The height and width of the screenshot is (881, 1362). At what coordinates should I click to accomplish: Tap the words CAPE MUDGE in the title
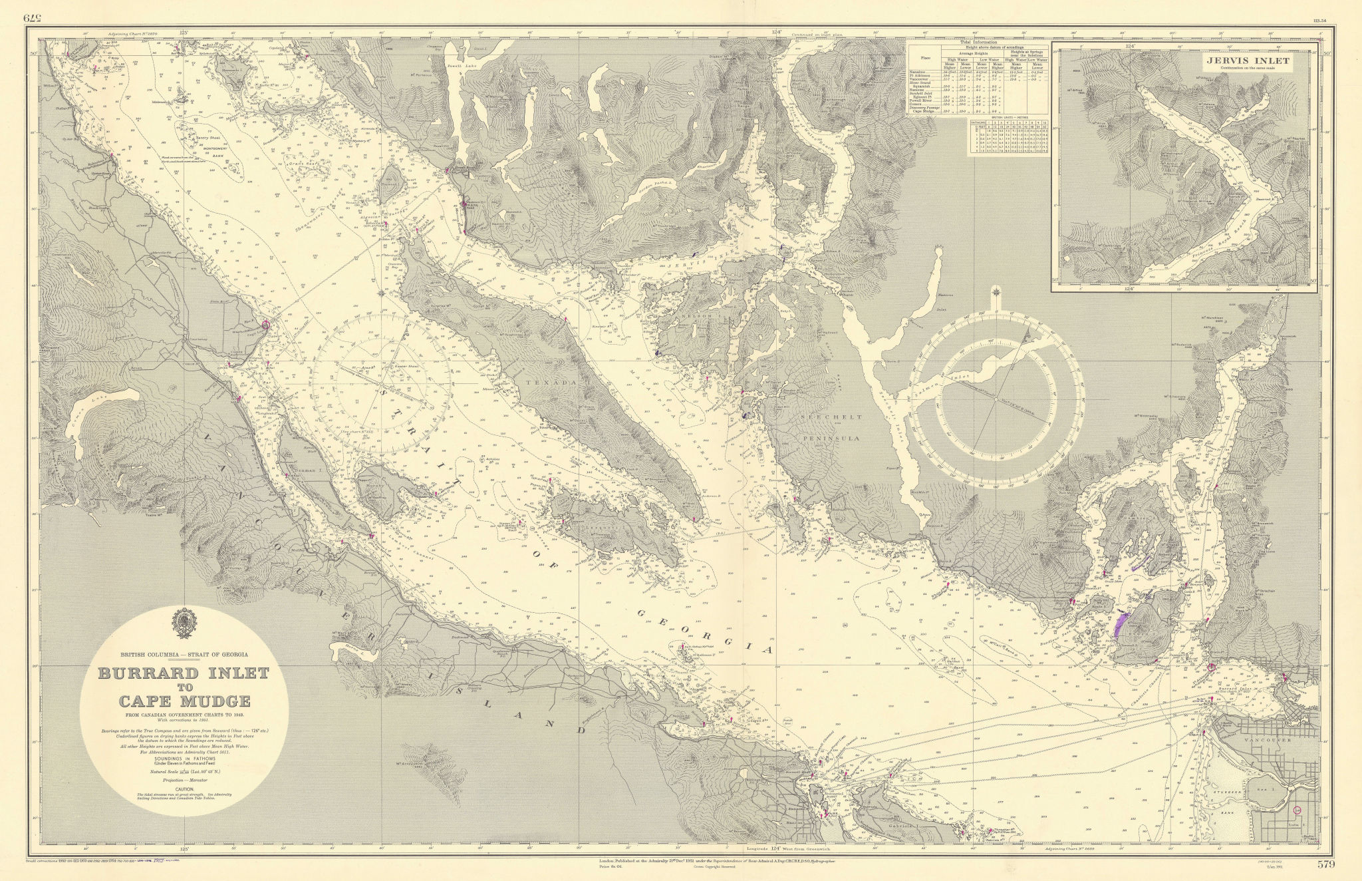(184, 701)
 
